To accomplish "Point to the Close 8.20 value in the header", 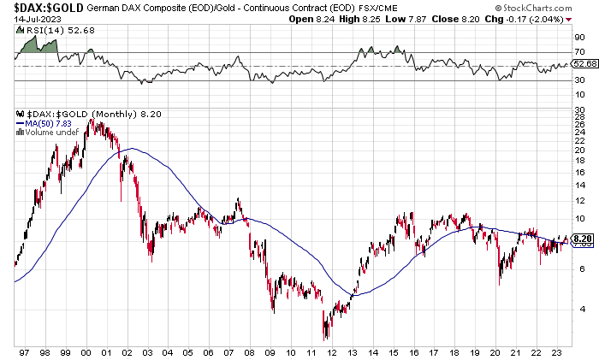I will tap(525, 18).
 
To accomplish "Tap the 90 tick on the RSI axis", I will tap(579, 38).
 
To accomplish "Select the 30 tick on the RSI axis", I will tap(579, 81).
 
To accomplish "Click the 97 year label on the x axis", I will tap(24, 351).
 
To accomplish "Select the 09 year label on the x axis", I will tap(270, 351).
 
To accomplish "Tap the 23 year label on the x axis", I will tap(558, 351).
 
